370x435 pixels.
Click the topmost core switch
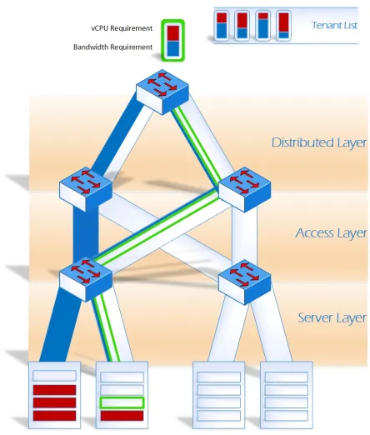coord(162,92)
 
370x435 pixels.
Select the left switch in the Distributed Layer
coord(86,189)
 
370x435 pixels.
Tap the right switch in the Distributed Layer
coord(245,189)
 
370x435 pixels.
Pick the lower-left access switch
coord(86,279)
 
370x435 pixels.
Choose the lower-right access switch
coord(245,282)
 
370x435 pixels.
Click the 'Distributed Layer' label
coord(319,142)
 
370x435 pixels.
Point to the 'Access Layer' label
coord(331,233)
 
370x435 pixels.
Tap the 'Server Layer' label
coord(332,317)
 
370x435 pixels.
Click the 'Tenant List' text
coord(334,25)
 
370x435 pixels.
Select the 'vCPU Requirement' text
coord(122,28)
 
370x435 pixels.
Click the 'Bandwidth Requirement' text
coord(112,47)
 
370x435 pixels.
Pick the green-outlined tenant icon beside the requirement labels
coord(172,40)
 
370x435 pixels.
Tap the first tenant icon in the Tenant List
coord(222,26)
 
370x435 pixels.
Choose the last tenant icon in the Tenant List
coord(283,26)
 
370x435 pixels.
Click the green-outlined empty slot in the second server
coord(122,402)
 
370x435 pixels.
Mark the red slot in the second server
coord(122,416)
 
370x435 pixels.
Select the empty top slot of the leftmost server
coord(54,376)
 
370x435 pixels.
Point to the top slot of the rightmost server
coord(287,377)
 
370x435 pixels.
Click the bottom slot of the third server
coord(219,416)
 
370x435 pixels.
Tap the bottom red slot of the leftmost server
coord(54,416)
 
